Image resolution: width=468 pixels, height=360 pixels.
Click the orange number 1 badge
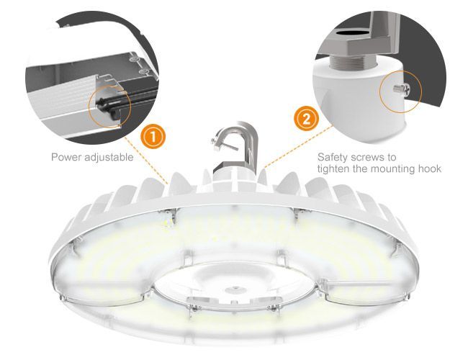[153, 137]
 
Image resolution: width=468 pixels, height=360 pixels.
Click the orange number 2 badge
[306, 119]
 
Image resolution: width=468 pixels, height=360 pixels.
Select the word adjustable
[109, 157]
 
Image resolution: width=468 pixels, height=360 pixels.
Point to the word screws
[372, 158]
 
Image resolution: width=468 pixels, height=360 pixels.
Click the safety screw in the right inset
[402, 89]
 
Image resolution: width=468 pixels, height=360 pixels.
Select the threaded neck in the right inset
[352, 61]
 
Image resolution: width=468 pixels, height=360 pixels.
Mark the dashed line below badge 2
[299, 146]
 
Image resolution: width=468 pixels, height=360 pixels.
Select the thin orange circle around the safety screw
[400, 92]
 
